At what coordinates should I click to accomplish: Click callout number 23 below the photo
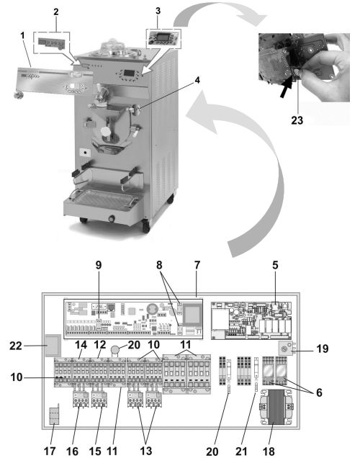tap(297, 120)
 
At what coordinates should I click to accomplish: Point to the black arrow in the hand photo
tap(286, 90)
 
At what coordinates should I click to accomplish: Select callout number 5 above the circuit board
tap(275, 265)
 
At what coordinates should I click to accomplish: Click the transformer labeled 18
tap(276, 408)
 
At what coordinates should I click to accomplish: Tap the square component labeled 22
tap(53, 346)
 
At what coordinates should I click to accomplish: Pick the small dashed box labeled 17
tap(54, 416)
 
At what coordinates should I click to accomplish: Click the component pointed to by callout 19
tap(286, 349)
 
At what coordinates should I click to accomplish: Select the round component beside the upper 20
tap(116, 349)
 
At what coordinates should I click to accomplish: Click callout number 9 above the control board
tap(99, 265)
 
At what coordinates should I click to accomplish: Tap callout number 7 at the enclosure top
tap(197, 265)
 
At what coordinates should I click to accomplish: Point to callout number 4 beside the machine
tap(197, 80)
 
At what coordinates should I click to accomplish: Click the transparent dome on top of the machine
tap(112, 46)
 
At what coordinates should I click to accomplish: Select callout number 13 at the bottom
tap(146, 450)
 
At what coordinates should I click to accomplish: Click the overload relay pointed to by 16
tap(81, 399)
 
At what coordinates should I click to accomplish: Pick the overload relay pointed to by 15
tap(99, 399)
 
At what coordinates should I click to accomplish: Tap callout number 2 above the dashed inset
tap(55, 12)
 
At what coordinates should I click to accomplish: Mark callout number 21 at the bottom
tap(241, 452)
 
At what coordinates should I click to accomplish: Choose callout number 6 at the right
tap(319, 392)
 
